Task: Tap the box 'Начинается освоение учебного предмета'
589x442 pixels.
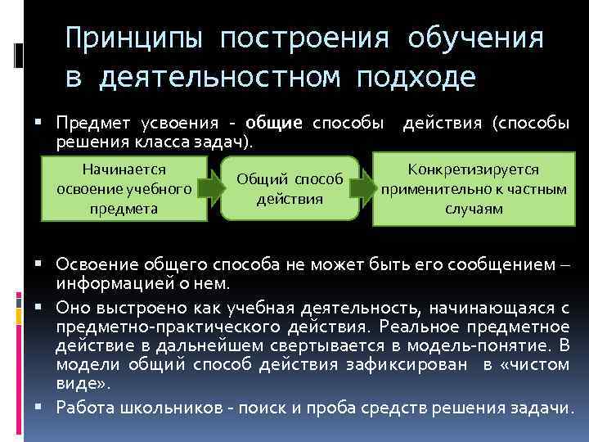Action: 125,188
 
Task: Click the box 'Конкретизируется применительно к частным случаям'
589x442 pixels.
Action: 474,188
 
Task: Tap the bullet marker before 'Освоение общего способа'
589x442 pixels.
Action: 46,264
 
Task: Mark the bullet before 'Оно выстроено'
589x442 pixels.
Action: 46,308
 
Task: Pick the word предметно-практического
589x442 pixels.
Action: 162,325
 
